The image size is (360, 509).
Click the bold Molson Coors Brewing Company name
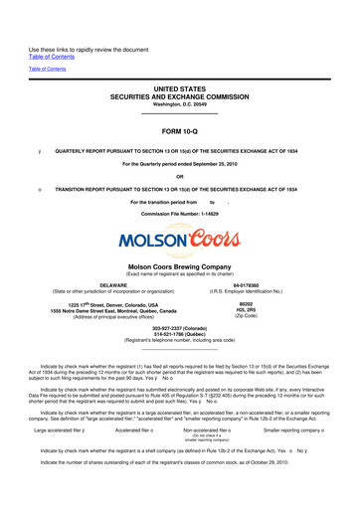[180, 267]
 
